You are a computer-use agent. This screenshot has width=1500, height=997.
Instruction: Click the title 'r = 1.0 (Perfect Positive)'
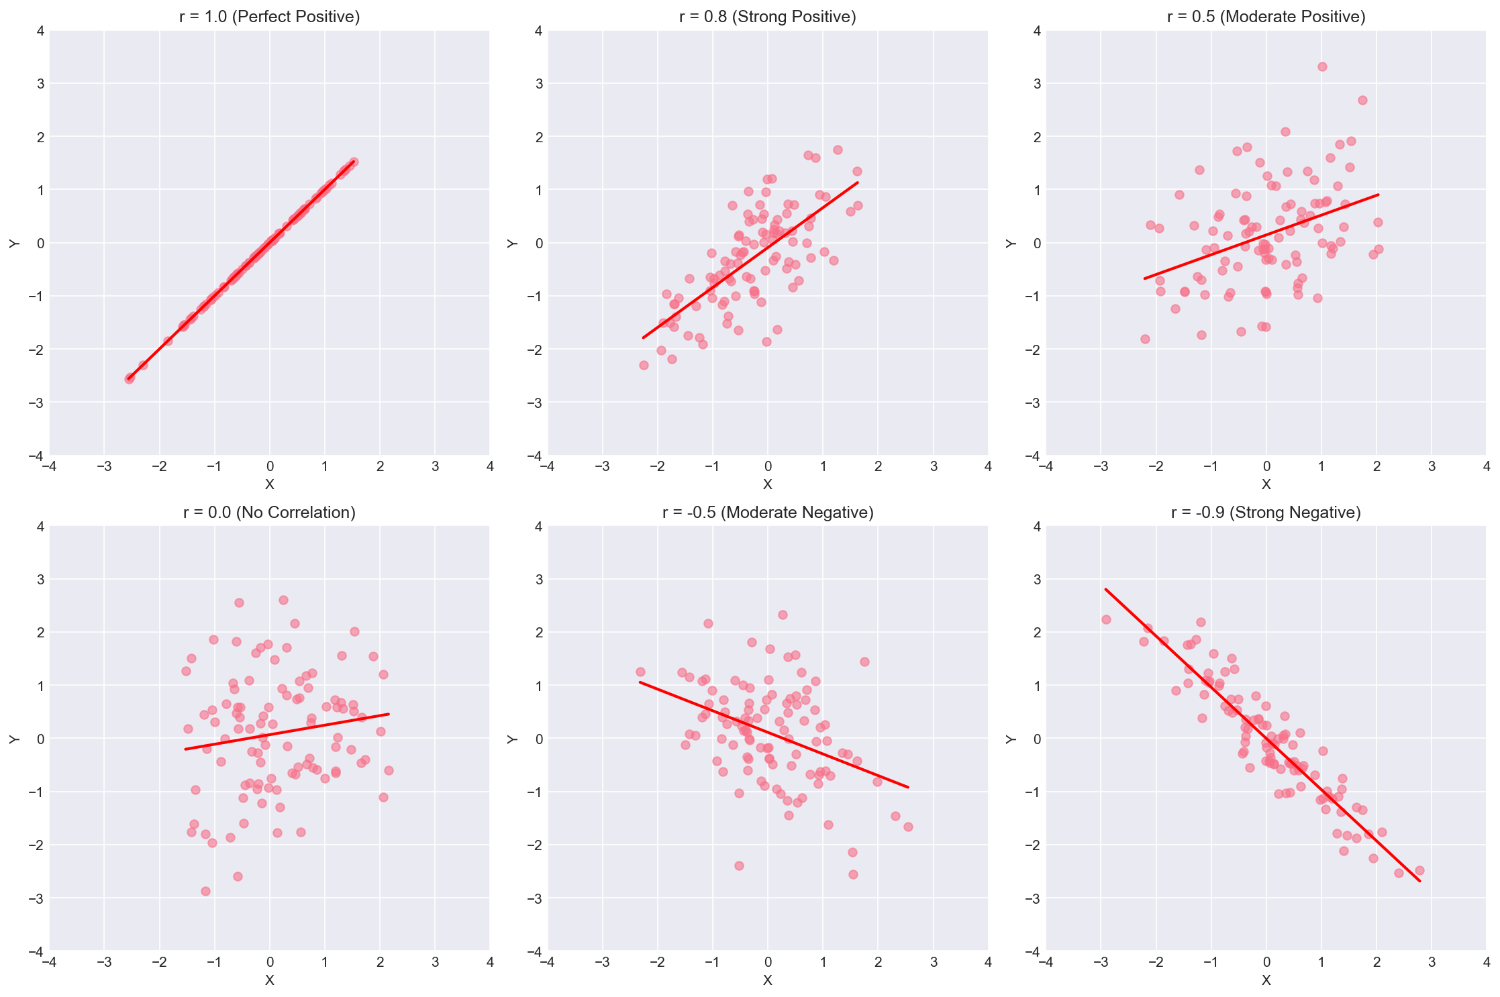click(269, 17)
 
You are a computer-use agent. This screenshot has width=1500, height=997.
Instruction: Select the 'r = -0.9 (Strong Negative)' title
click(1266, 513)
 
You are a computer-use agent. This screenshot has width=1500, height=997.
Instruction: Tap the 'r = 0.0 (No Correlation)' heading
click(269, 513)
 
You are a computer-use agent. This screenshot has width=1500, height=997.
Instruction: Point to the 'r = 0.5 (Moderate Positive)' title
click(1266, 17)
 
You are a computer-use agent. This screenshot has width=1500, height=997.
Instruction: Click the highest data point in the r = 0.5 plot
click(1321, 66)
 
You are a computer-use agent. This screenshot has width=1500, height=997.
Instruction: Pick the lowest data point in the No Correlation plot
click(205, 891)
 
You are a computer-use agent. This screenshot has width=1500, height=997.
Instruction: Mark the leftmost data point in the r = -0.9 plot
click(1106, 619)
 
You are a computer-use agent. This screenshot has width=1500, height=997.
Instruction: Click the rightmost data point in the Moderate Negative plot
click(908, 827)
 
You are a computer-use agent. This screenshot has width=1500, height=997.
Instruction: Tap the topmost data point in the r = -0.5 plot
click(783, 615)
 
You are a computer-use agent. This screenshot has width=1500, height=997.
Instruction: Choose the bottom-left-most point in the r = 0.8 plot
click(644, 365)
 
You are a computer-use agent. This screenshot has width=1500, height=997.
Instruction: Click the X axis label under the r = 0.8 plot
click(767, 484)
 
